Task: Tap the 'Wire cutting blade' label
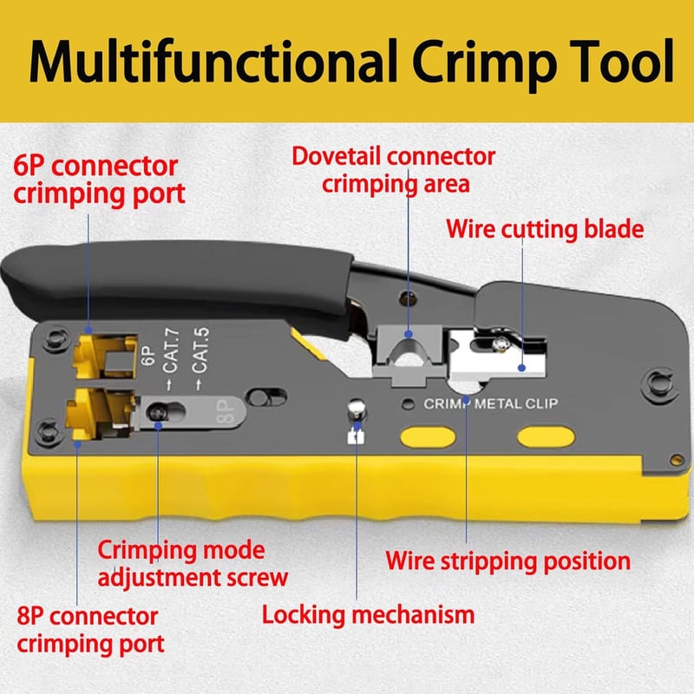545,229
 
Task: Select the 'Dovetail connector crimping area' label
394,170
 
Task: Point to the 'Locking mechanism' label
368,615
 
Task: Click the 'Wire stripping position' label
508,561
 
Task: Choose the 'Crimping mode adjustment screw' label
193,564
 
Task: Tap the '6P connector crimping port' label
99,180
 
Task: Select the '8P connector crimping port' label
90,630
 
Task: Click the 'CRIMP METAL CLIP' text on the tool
491,403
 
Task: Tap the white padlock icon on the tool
357,436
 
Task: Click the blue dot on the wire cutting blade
522,367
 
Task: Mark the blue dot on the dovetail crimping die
409,334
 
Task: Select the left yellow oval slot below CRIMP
428,437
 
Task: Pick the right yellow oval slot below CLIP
547,437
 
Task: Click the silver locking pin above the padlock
357,408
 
